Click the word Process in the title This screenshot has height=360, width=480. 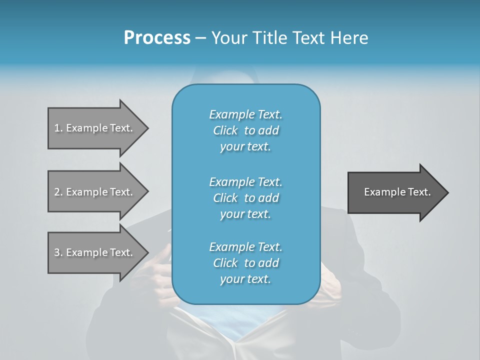(x=157, y=38)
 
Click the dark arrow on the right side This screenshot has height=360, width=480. (x=395, y=192)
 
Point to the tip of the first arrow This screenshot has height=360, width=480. (x=147, y=128)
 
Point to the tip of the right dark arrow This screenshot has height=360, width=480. (x=447, y=192)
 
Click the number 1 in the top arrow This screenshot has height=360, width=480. (x=57, y=128)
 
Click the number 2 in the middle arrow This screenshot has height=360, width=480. (x=57, y=192)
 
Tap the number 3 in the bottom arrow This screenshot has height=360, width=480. (x=57, y=252)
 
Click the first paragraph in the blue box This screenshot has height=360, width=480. (x=245, y=130)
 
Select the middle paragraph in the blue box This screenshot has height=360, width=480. (x=245, y=197)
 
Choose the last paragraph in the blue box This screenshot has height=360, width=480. (x=245, y=263)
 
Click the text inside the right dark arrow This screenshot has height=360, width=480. (x=397, y=192)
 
